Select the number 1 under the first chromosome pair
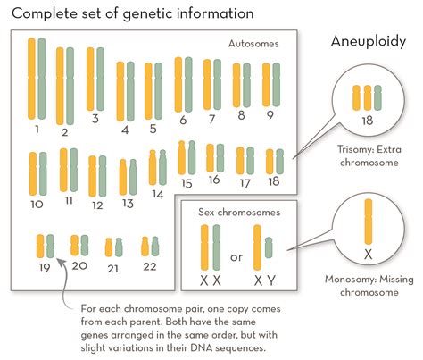point(37,129)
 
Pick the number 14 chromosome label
point(157,193)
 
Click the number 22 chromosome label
point(149,265)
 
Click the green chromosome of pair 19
point(50,245)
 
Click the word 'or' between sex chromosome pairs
point(236,257)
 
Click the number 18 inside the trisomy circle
point(367,118)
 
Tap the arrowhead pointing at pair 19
point(58,262)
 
